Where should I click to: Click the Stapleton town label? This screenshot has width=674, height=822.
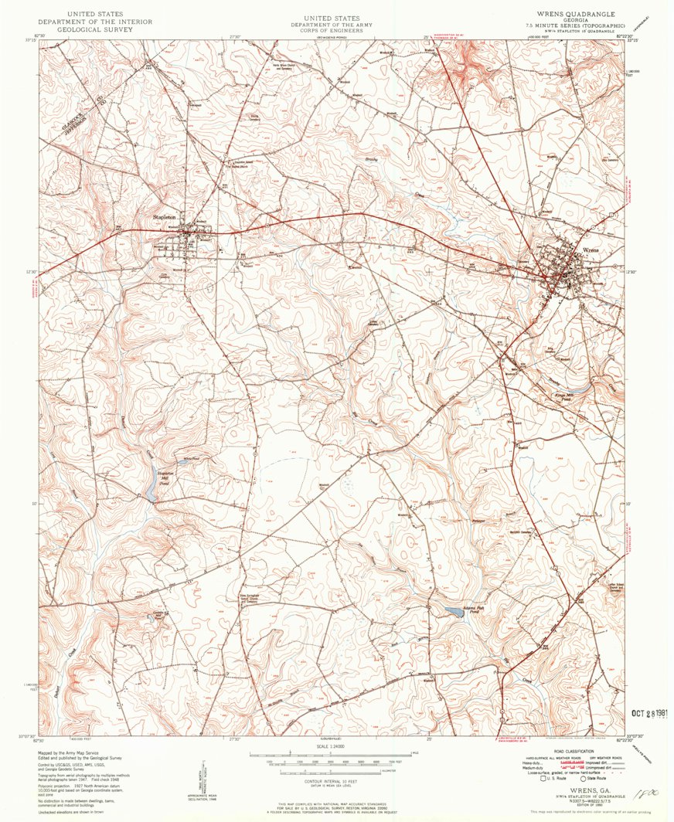click(166, 217)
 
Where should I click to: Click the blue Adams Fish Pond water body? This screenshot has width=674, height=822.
click(449, 613)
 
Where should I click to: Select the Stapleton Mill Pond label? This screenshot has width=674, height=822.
click(163, 477)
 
